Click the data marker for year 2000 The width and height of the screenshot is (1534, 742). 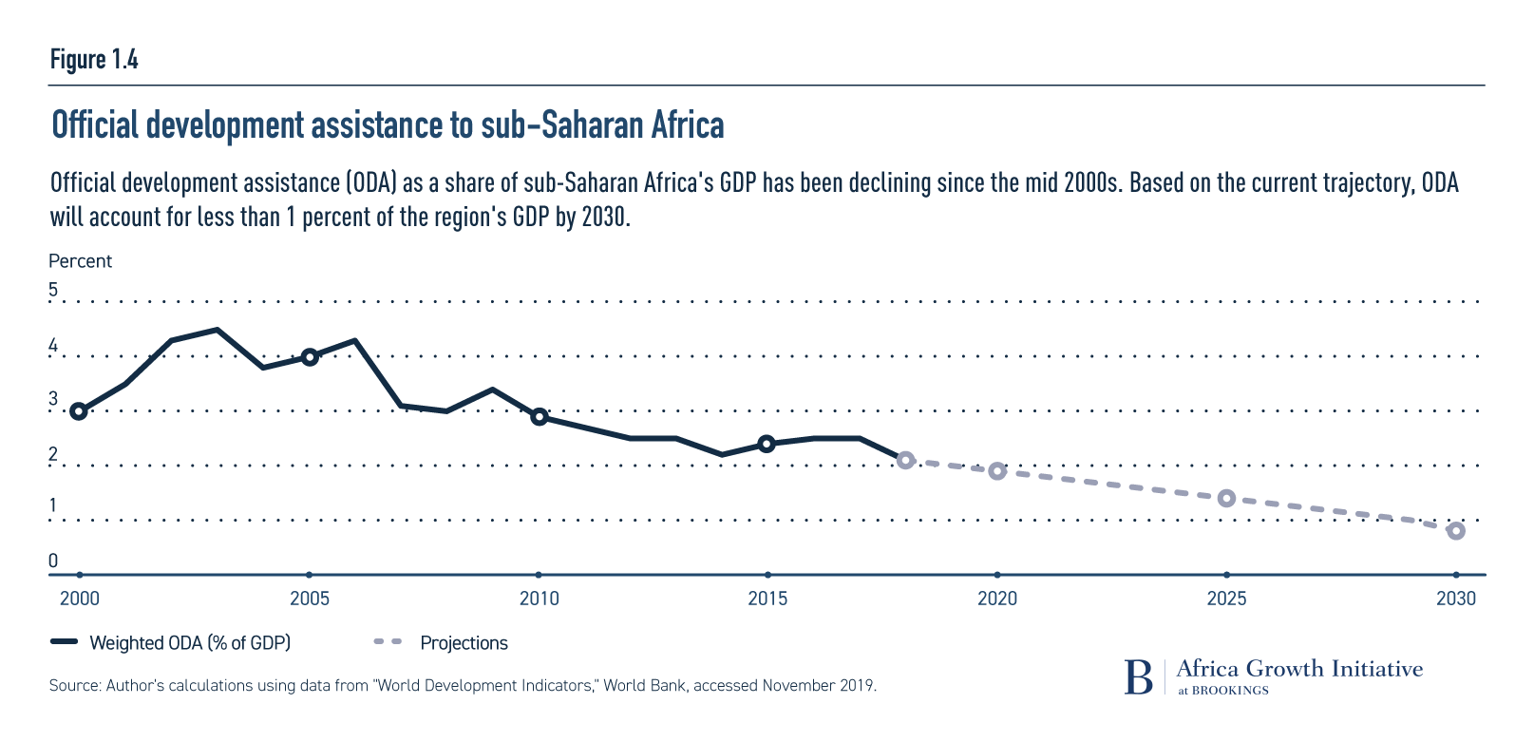click(x=79, y=411)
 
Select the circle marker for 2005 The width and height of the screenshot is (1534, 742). click(x=309, y=357)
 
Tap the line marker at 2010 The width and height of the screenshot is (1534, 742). click(x=539, y=417)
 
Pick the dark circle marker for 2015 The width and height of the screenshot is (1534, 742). click(x=767, y=444)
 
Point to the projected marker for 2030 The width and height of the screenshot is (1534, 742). click(x=1456, y=531)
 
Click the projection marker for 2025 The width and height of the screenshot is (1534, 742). click(x=1226, y=499)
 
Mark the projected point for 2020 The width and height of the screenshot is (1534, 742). click(x=997, y=471)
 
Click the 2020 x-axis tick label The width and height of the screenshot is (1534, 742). click(x=997, y=599)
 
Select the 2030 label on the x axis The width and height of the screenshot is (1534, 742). click(x=1456, y=599)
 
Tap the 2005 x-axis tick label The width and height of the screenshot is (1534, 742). click(x=309, y=599)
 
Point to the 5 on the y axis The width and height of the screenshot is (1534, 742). click(x=54, y=290)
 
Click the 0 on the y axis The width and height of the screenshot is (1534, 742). click(x=54, y=561)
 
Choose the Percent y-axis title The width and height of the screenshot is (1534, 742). click(x=81, y=261)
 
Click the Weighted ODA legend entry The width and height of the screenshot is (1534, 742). click(x=189, y=643)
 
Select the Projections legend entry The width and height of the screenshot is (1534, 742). click(x=464, y=643)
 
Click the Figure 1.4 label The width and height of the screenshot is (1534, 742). click(x=94, y=60)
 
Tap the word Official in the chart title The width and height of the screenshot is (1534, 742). click(x=95, y=125)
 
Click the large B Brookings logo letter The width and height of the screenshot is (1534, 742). click(x=1138, y=676)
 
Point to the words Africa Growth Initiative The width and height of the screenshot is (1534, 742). click(x=1299, y=669)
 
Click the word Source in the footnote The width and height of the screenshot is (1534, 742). click(x=73, y=685)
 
